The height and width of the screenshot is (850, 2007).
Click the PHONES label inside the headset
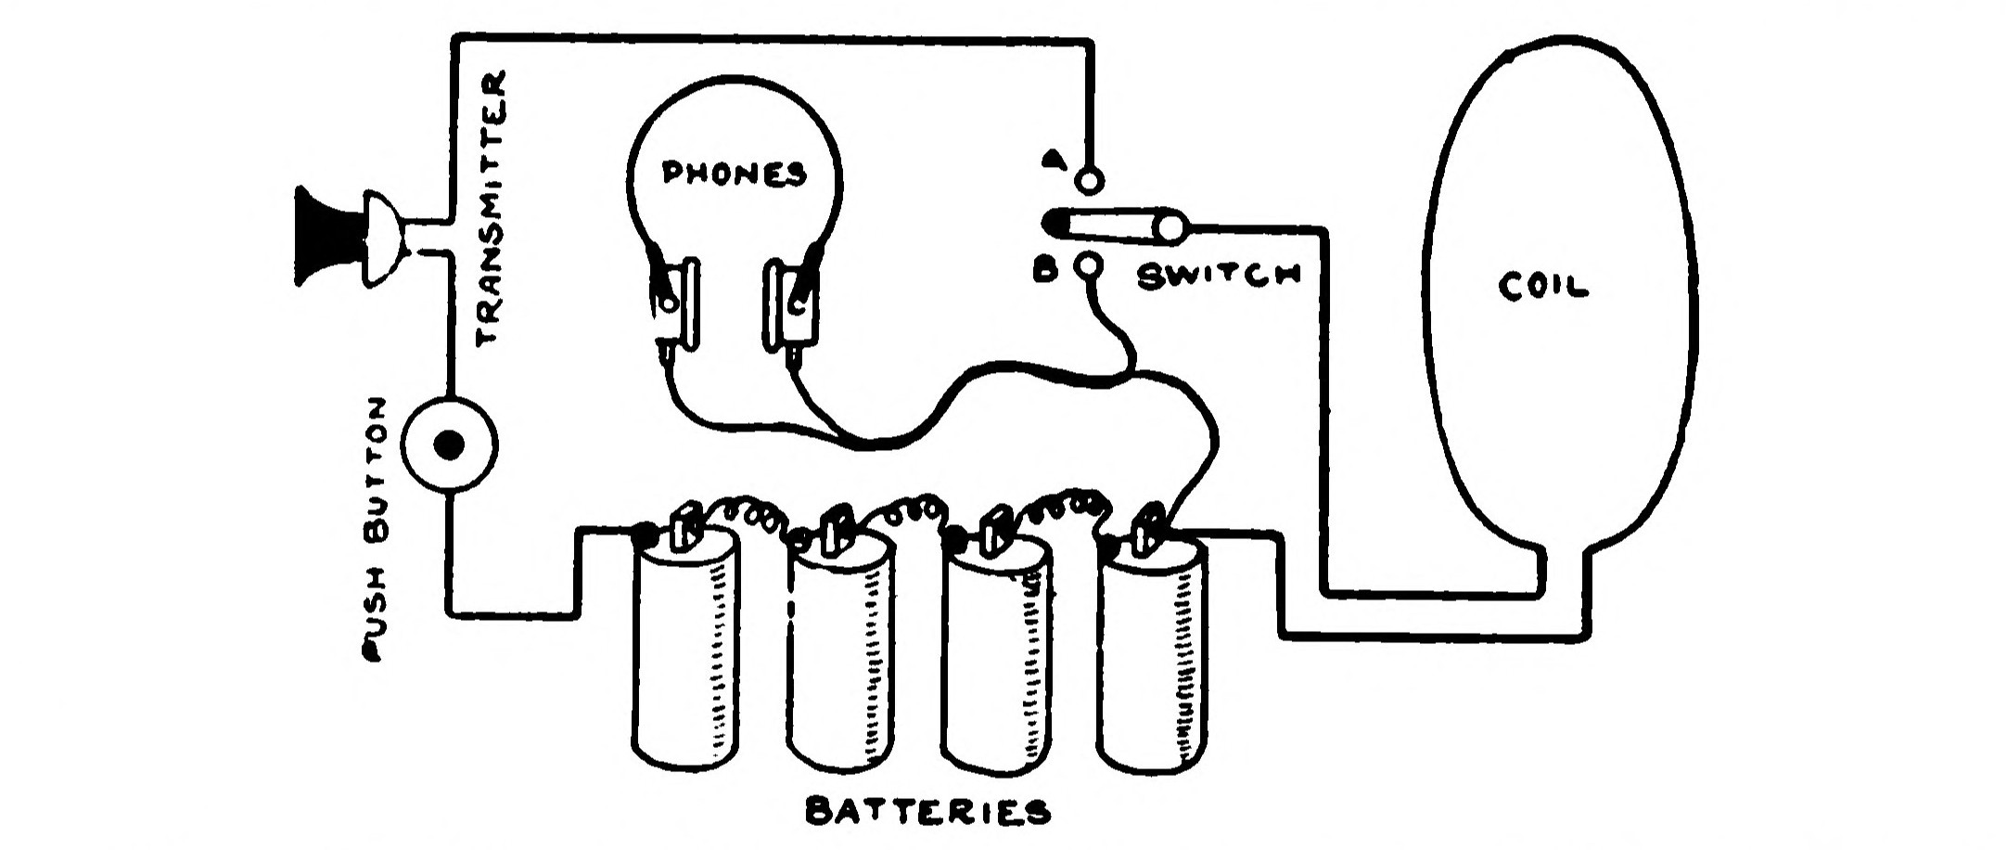(x=733, y=174)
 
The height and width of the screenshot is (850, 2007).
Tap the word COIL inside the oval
(x=1542, y=287)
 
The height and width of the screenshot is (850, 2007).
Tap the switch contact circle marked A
(x=1090, y=178)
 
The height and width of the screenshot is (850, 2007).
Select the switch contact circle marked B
(x=1090, y=267)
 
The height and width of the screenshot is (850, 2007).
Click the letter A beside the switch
(x=1052, y=160)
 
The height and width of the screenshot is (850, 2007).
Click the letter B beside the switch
(x=1045, y=272)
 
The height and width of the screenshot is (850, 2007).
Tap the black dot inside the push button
(x=451, y=445)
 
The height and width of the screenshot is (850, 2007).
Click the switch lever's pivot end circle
(x=1172, y=227)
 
